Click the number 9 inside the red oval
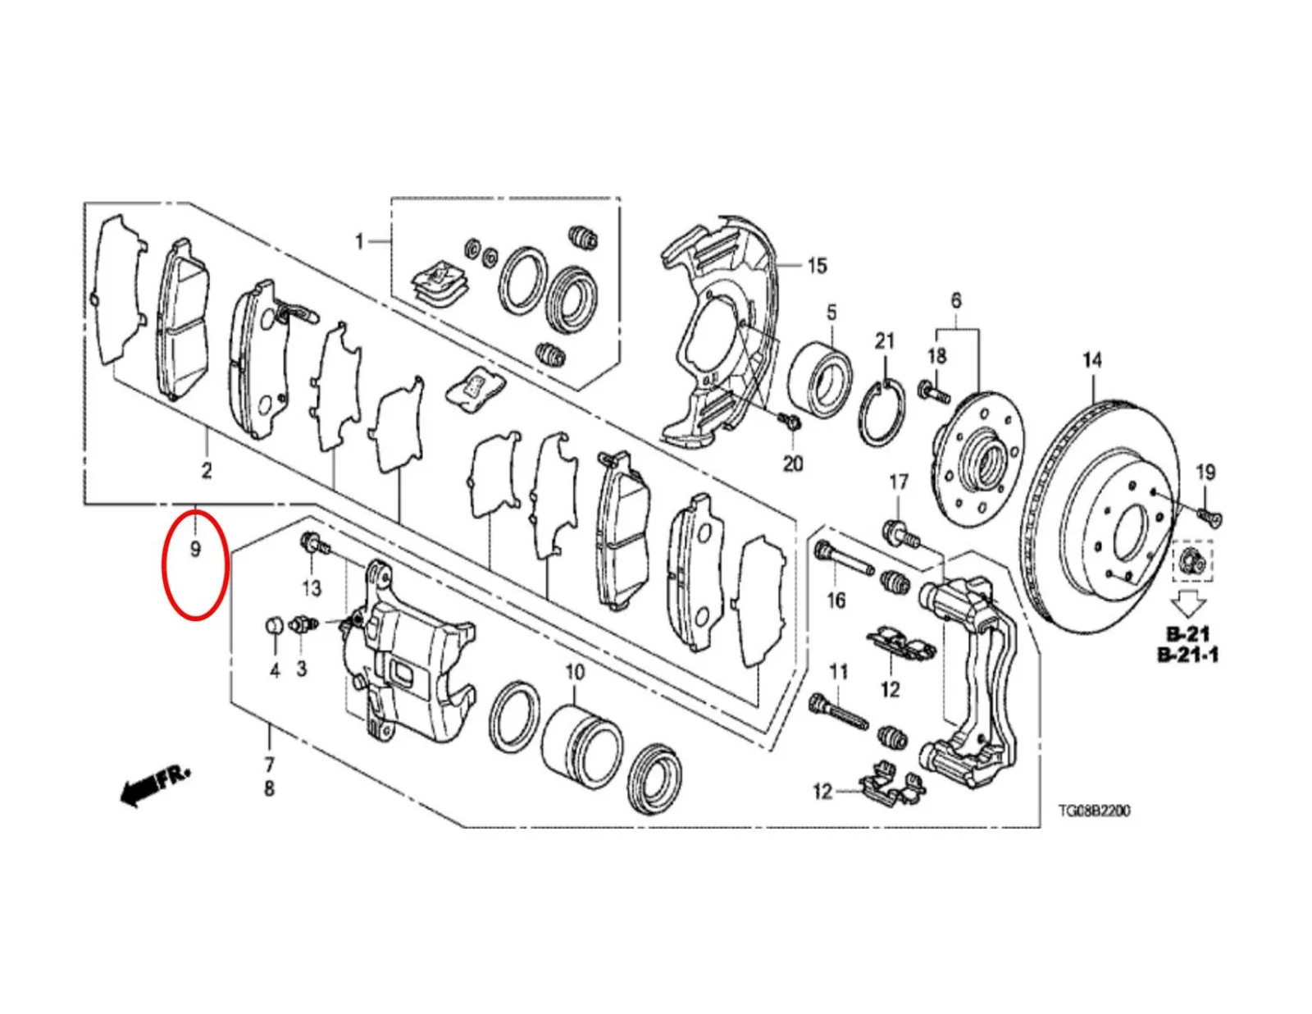click(195, 549)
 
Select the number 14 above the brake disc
click(1091, 360)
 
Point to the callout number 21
click(885, 341)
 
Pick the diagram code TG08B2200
click(1093, 810)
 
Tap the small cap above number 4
click(275, 625)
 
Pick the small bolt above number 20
click(790, 421)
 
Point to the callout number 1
click(359, 243)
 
